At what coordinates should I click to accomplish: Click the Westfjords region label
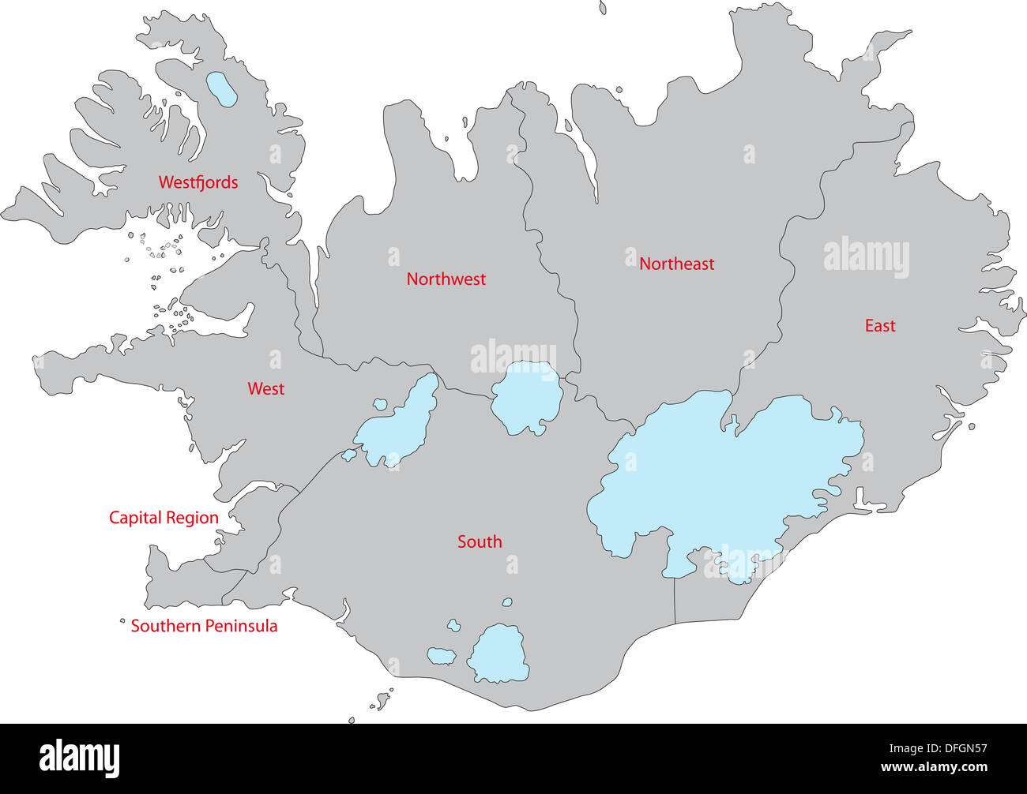(x=197, y=182)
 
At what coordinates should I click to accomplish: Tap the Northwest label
(x=446, y=279)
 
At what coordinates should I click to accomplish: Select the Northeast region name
(x=676, y=264)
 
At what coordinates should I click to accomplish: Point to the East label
(x=879, y=326)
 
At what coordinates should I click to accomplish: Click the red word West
(x=265, y=389)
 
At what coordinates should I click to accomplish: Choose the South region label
(x=480, y=541)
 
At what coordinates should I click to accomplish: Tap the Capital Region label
(x=164, y=518)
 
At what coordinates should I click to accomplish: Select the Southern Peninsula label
(x=204, y=626)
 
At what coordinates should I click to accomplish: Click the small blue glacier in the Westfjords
(x=220, y=89)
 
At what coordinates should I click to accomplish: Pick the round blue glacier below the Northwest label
(x=525, y=398)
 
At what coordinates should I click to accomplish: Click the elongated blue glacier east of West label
(x=399, y=422)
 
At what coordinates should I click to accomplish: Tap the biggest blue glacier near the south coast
(x=499, y=654)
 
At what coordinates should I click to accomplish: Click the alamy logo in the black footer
(x=80, y=758)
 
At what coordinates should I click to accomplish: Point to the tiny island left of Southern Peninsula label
(x=122, y=621)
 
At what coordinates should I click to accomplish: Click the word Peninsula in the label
(x=239, y=626)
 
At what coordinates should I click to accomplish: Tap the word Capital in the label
(x=134, y=518)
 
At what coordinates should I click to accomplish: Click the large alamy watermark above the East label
(x=866, y=257)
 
